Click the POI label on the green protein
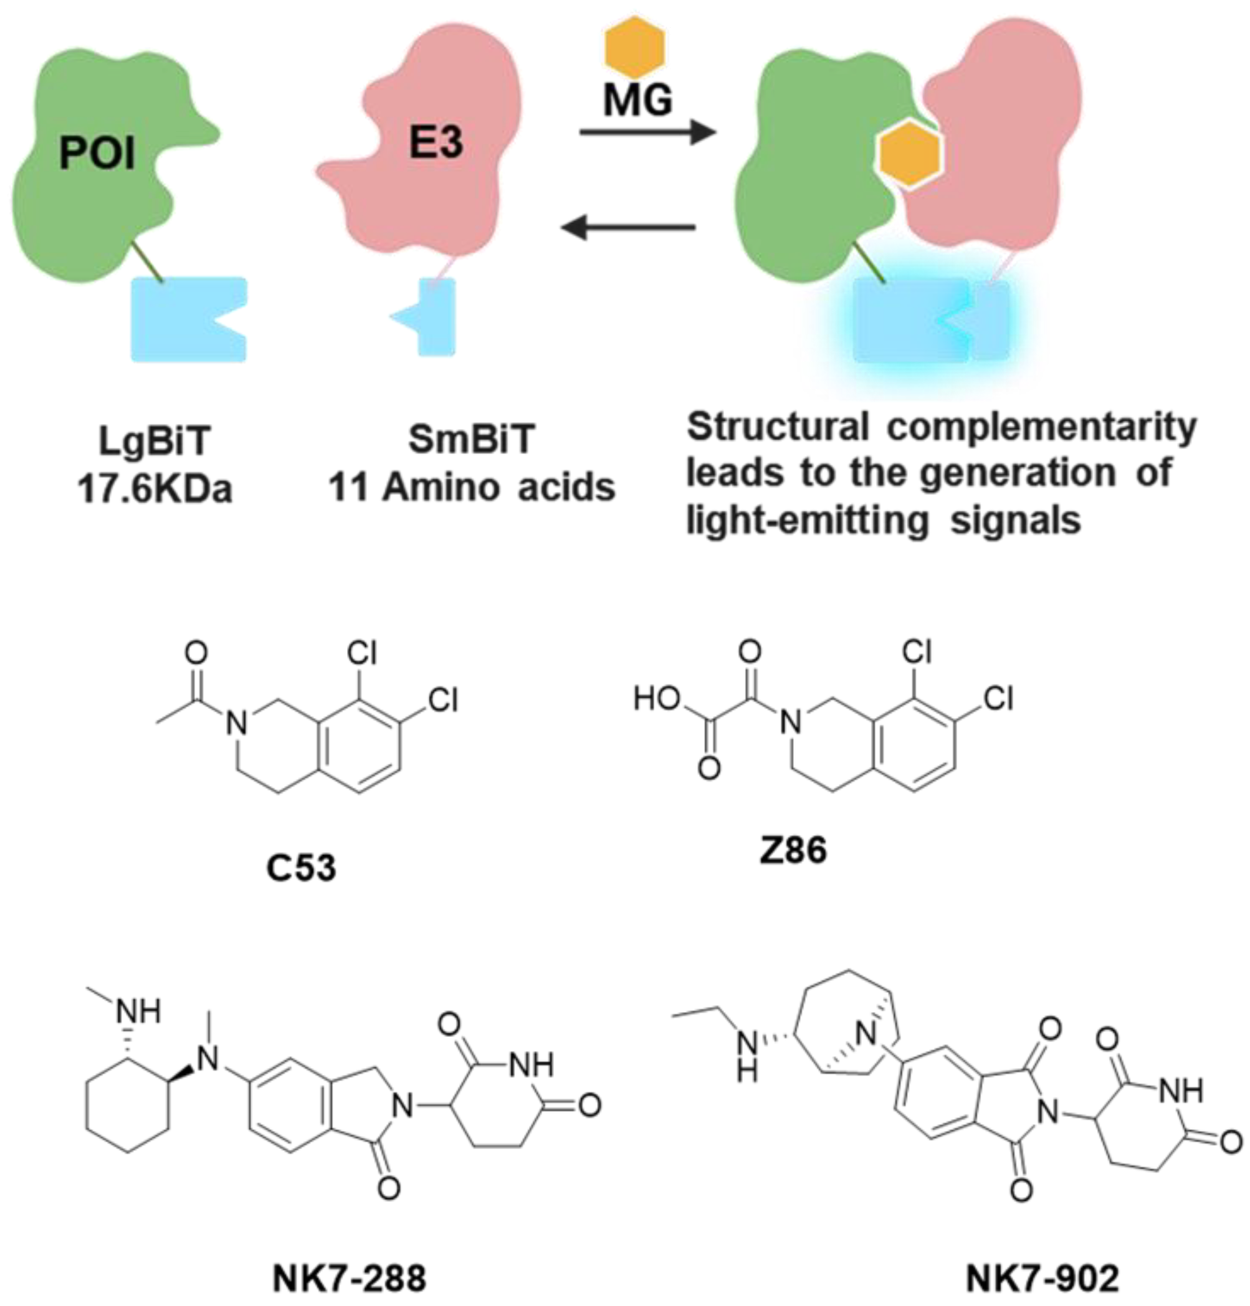(97, 154)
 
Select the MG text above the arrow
(637, 100)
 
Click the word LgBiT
(155, 442)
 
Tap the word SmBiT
(472, 440)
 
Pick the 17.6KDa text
(155, 490)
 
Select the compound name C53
(301, 868)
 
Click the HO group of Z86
(657, 699)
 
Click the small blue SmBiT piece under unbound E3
(430, 316)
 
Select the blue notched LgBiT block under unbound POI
(188, 319)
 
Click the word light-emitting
(807, 520)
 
